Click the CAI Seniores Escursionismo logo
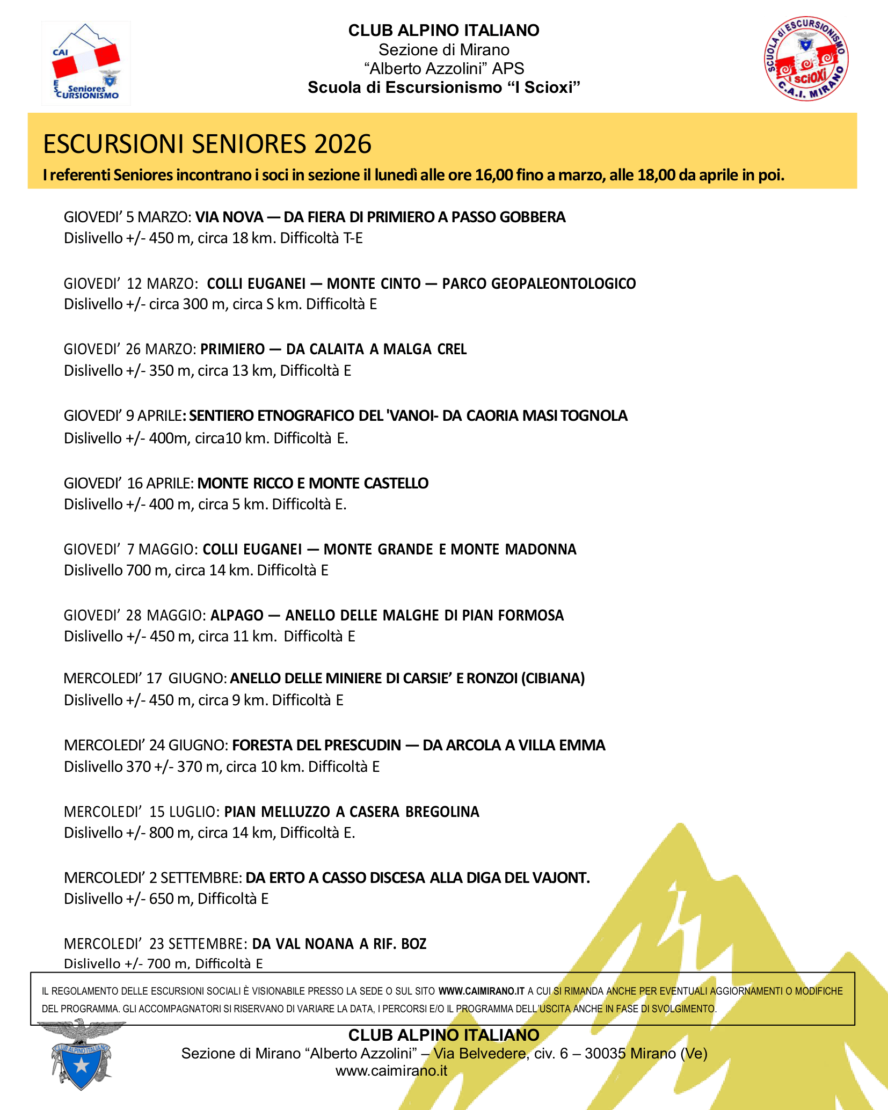pos(86,63)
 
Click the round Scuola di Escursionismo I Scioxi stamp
pos(806,59)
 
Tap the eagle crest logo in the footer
pos(82,1054)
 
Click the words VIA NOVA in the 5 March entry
pos(229,217)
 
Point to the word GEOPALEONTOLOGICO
pos(538,283)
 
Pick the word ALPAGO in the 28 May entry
pos(237,615)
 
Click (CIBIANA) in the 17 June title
pos(552,678)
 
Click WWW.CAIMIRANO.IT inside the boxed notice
pos(481,991)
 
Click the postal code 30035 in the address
pos(603,1053)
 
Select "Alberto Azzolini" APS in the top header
pos(443,68)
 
